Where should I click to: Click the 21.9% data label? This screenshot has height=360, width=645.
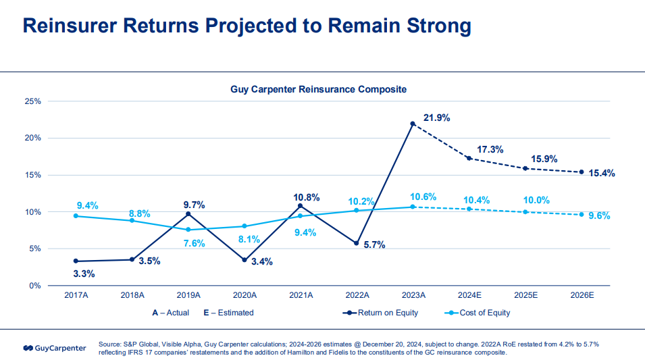pyautogui.click(x=437, y=118)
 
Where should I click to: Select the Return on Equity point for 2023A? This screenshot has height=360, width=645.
pyautogui.click(x=413, y=124)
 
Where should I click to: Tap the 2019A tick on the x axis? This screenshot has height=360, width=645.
pyautogui.click(x=188, y=295)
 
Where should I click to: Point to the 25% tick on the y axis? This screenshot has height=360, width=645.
pyautogui.click(x=33, y=101)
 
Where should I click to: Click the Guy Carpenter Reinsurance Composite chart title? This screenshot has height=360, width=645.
pyautogui.click(x=319, y=89)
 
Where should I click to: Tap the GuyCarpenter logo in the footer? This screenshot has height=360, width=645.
pyautogui.click(x=55, y=348)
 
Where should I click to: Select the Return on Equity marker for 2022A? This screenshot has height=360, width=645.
pyautogui.click(x=357, y=243)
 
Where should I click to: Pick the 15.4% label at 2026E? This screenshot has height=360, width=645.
pyautogui.click(x=602, y=174)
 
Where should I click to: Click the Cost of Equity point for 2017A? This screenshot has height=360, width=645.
pyautogui.click(x=76, y=215)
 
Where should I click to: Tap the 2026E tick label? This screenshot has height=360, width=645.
pyautogui.click(x=582, y=295)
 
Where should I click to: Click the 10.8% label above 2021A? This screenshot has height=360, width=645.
pyautogui.click(x=307, y=197)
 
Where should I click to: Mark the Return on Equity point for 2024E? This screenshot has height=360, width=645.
pyautogui.click(x=469, y=158)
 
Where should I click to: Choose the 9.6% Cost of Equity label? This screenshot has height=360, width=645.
pyautogui.click(x=598, y=216)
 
